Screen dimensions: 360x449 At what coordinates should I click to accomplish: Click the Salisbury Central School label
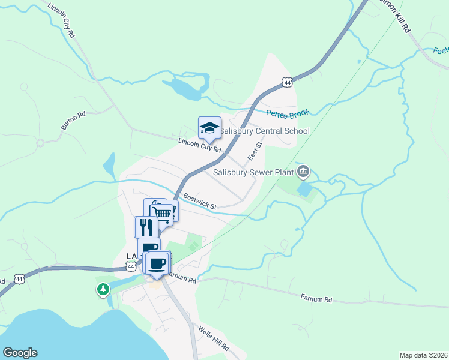point(264,131)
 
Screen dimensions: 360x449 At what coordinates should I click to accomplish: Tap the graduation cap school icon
point(209,128)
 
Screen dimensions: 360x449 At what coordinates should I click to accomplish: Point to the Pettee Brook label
point(288,112)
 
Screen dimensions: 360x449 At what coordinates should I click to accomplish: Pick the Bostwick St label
point(200,201)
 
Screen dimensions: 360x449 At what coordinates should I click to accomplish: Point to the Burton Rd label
point(73,120)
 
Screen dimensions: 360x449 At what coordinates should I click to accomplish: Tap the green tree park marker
point(104,290)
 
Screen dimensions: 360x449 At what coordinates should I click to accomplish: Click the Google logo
point(20,353)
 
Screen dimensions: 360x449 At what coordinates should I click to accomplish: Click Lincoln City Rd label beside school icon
point(200,145)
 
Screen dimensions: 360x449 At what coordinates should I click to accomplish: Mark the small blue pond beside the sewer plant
point(304,190)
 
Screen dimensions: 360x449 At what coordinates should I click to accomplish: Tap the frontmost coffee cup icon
point(157,263)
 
